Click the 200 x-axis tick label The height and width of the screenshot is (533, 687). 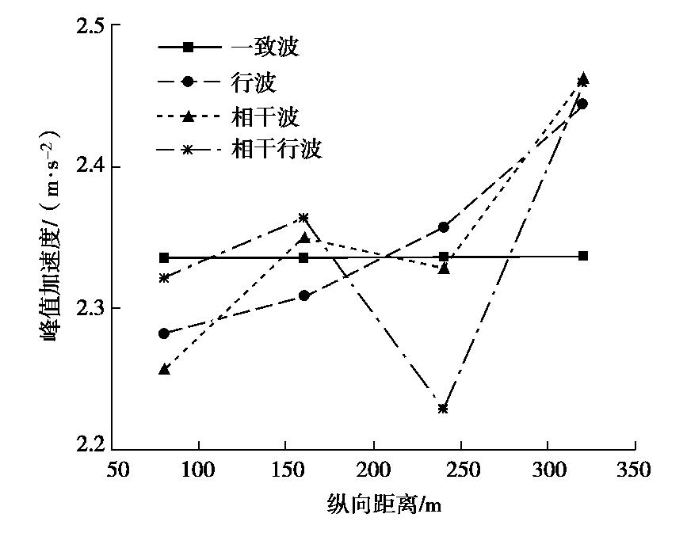374,470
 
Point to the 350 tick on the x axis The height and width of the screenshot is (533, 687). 633,470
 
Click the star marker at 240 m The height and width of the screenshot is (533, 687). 443,409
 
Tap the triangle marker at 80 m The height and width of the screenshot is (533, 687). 164,369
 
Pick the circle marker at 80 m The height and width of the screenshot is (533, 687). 164,333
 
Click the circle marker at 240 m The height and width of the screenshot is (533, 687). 444,227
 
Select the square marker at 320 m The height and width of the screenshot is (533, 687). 583,256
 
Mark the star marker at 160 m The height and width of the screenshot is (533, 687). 303,217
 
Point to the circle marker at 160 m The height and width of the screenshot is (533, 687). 303,295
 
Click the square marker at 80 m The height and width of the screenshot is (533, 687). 164,257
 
